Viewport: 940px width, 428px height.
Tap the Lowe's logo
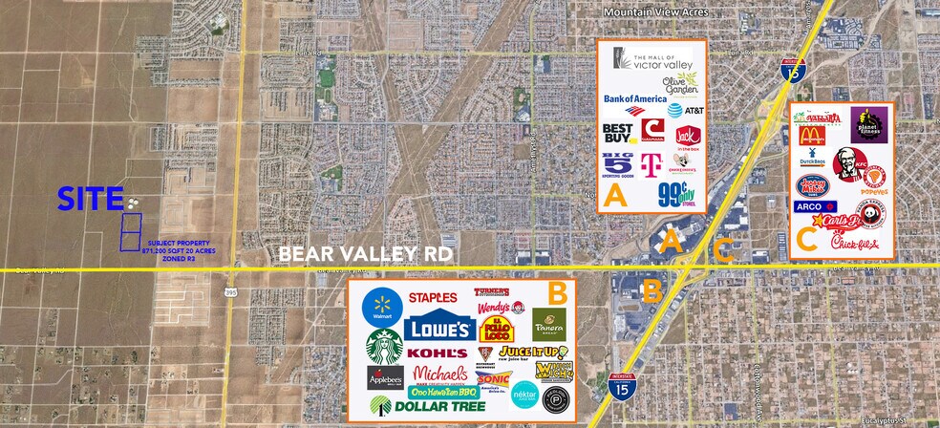[x=438, y=329]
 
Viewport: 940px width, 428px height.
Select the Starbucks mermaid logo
[x=383, y=347]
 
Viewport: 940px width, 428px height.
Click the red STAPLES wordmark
[x=432, y=297]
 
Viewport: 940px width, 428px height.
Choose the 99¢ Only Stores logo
[x=679, y=194]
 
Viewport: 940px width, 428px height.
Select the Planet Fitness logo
[x=868, y=125]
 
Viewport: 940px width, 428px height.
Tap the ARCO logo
[x=815, y=206]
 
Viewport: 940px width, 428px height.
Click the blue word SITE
[x=90, y=199]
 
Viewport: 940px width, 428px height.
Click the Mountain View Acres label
[x=656, y=12]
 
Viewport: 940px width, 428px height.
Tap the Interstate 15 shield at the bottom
[x=620, y=386]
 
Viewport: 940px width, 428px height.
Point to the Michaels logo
[x=440, y=374]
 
